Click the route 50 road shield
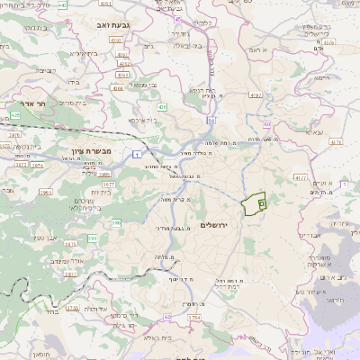211,120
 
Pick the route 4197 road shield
256,94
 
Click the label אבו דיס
310,234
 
